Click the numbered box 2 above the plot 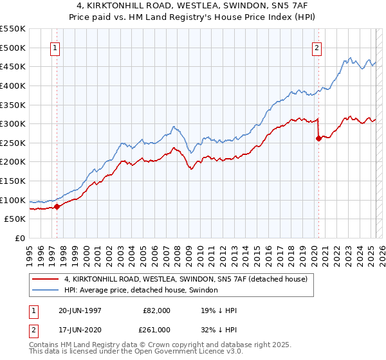point(318,47)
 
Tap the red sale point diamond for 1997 point(57,206)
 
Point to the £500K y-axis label point(13,48)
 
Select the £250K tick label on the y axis point(13,143)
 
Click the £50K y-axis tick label point(15,219)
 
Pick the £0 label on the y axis point(20,238)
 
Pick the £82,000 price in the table point(157,310)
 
